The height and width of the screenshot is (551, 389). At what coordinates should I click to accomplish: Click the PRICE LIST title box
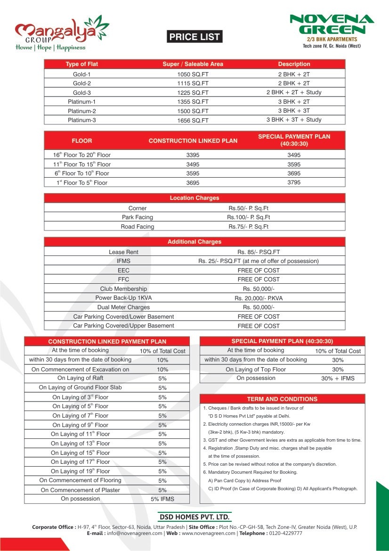tap(194, 37)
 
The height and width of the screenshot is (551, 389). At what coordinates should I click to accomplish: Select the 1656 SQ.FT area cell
tap(193, 120)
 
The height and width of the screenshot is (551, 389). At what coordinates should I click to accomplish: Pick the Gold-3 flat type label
tap(82, 93)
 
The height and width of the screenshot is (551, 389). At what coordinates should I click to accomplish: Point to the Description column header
tap(294, 64)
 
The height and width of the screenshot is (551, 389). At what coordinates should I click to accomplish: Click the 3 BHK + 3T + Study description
tap(294, 120)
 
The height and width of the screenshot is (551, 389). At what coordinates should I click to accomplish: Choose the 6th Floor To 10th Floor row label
tap(82, 173)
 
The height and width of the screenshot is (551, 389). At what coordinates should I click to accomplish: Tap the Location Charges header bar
tap(194, 198)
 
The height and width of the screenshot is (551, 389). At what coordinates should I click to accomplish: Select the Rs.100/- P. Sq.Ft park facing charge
tap(249, 217)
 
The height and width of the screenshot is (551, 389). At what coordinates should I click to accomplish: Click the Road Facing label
tap(138, 227)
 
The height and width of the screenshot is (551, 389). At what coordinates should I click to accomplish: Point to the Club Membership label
tap(123, 288)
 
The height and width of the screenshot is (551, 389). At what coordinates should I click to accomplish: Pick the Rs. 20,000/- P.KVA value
tap(259, 298)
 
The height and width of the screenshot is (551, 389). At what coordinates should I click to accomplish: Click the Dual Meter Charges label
tap(123, 307)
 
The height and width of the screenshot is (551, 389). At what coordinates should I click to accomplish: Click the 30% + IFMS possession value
tap(338, 378)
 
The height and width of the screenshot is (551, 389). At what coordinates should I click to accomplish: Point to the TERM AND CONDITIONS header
tap(282, 399)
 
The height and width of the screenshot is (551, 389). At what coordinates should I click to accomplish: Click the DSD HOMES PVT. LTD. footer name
tap(195, 517)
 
